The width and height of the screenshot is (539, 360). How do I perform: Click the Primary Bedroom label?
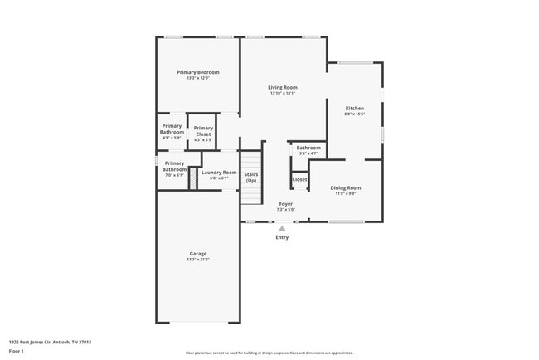point(197,72)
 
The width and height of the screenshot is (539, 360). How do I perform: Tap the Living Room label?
point(282,87)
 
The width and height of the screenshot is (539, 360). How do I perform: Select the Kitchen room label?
point(354,109)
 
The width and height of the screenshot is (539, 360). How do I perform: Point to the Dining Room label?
point(345,188)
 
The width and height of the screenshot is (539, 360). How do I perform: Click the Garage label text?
point(197,254)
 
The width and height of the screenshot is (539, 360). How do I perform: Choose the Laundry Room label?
point(219,173)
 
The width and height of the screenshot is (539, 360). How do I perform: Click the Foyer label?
point(285,204)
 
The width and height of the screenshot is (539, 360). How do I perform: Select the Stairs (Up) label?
point(250,178)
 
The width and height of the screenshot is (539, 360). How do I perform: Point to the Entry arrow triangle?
point(282,229)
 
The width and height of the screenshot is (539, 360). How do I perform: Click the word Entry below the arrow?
point(282,238)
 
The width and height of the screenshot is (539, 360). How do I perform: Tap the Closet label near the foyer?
point(299,179)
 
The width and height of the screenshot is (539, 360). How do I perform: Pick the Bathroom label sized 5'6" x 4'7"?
point(308,148)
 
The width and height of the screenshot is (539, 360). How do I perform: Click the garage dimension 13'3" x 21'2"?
point(197,260)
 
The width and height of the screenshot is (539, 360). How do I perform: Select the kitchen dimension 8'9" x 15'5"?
point(354,114)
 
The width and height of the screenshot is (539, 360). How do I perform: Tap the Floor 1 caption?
point(17,351)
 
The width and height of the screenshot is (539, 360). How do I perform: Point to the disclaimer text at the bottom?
point(269,353)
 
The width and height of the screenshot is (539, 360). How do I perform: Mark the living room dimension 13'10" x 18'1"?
point(282,93)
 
